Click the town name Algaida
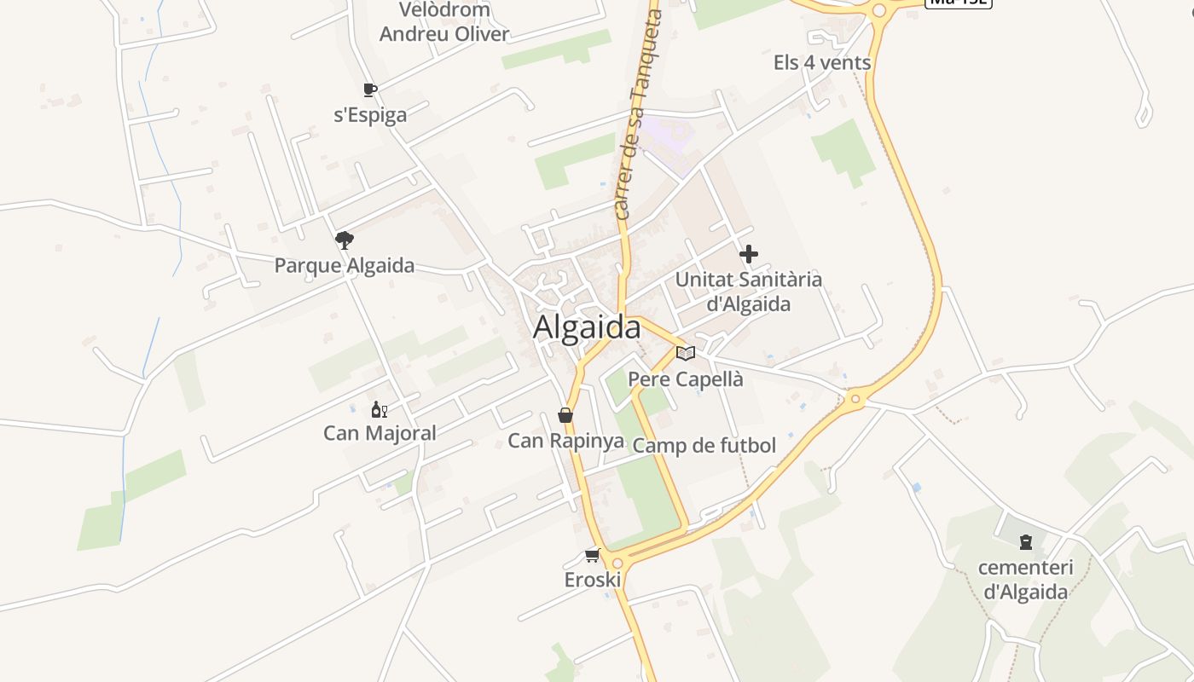[x=587, y=327]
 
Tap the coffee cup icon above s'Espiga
[x=370, y=90]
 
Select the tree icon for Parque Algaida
[x=345, y=240]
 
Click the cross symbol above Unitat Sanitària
[x=749, y=254]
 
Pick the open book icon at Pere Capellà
[x=686, y=353]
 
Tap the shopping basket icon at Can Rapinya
[x=565, y=415]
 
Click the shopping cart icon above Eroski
[x=592, y=556]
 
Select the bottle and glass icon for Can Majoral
[x=380, y=410]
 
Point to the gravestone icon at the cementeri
[x=1026, y=542]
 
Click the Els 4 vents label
[x=822, y=62]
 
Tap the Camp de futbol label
[x=704, y=445]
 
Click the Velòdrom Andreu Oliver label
[x=444, y=22]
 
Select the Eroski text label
[x=593, y=580]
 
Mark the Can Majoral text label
[x=380, y=433]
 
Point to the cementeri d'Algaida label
[x=1025, y=580]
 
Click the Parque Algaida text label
[x=345, y=265]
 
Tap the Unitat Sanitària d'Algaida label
[x=749, y=292]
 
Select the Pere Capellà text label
[x=686, y=379]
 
